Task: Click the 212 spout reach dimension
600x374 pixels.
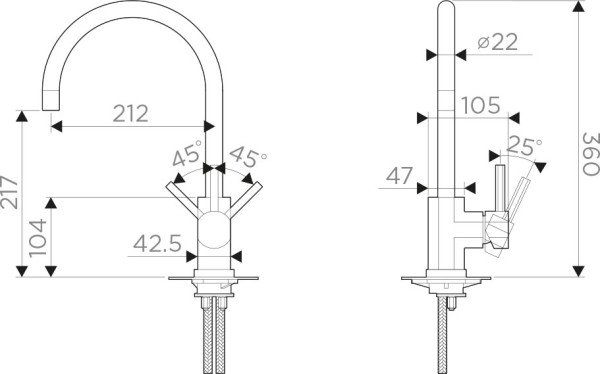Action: tap(130, 113)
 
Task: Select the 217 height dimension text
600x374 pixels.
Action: tap(9, 192)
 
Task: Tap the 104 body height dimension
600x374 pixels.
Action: tap(38, 238)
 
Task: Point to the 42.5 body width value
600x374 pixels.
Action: tap(157, 243)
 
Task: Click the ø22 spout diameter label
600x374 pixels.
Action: tap(497, 42)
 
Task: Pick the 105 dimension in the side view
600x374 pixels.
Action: tap(481, 105)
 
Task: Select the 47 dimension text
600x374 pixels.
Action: tap(399, 176)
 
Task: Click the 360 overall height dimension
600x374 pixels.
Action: tap(590, 154)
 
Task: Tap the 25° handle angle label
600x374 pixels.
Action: tap(524, 147)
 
